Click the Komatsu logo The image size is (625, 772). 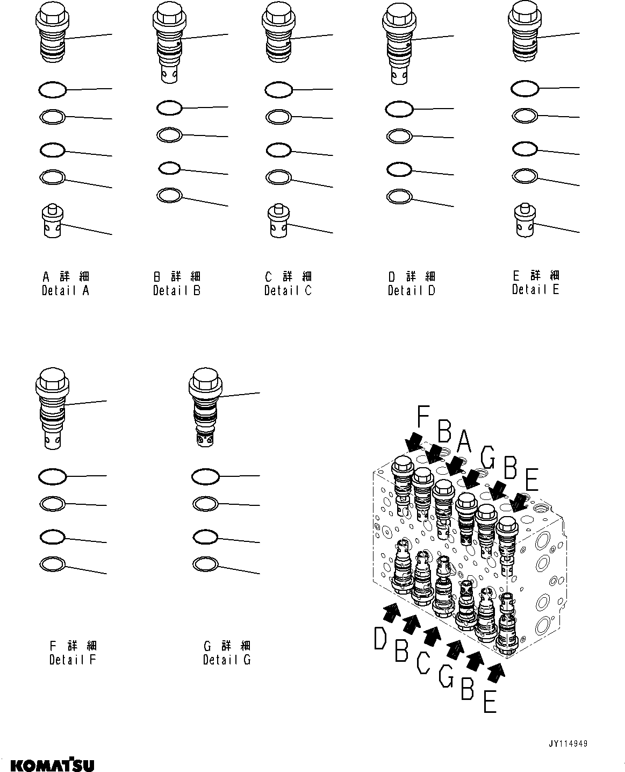52,764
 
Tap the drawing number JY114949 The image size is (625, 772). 567,744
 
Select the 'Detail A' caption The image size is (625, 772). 66,290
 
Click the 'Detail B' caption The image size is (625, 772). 176,290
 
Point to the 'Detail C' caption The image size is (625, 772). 288,290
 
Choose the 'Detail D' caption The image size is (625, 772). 411,290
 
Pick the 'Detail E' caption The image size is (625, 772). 535,289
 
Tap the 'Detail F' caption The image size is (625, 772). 72,659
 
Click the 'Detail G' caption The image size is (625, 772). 226,659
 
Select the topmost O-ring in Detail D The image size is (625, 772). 399,110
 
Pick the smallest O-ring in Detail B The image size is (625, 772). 169,168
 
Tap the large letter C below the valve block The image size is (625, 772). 423,662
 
